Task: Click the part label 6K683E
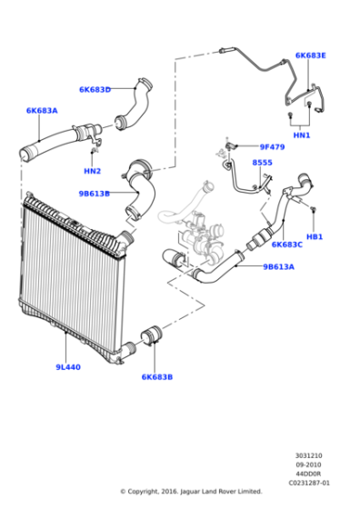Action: pyautogui.click(x=310, y=55)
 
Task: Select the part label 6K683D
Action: pyautogui.click(x=95, y=89)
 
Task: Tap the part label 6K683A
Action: pyautogui.click(x=41, y=110)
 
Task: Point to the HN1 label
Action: pyautogui.click(x=301, y=135)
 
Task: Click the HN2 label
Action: pyautogui.click(x=92, y=171)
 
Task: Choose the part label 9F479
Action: pyautogui.click(x=272, y=146)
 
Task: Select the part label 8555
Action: pyautogui.click(x=262, y=163)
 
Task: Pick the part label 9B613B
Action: pyautogui.click(x=94, y=193)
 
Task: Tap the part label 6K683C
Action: pyautogui.click(x=286, y=244)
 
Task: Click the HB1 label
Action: pyautogui.click(x=315, y=236)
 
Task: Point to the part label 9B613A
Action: pyautogui.click(x=278, y=267)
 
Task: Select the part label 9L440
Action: pyautogui.click(x=66, y=367)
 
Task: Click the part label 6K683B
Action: pyautogui.click(x=156, y=376)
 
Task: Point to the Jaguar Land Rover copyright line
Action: pyautogui.click(x=191, y=492)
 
